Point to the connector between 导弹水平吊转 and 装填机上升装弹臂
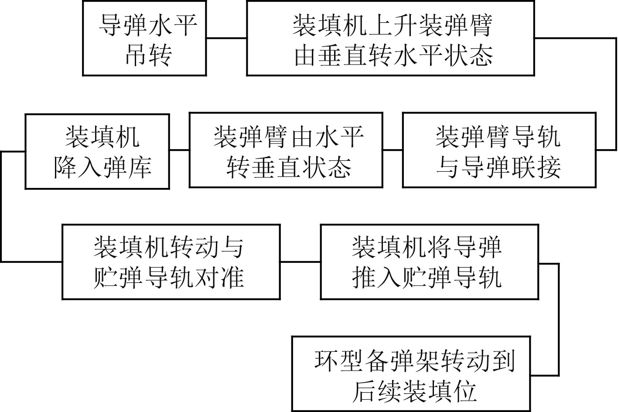pyautogui.click(x=226, y=38)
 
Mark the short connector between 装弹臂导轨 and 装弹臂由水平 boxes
pyautogui.click(x=393, y=150)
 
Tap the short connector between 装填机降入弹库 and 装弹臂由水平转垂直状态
pyautogui.click(x=179, y=150)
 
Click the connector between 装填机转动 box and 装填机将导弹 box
pyautogui.click(x=300, y=262)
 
